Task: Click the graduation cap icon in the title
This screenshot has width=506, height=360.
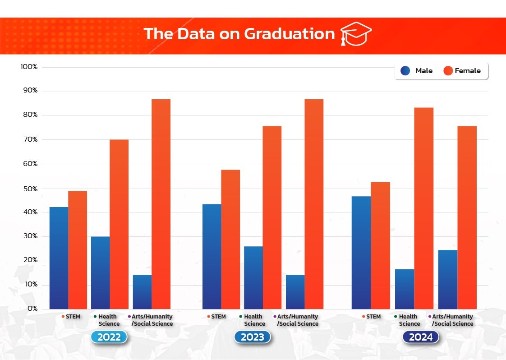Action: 355,34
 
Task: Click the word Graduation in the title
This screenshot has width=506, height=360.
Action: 289,34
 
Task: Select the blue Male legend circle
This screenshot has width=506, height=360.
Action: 405,71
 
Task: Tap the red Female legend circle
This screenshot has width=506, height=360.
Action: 448,71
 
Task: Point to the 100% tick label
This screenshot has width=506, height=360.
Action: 29,67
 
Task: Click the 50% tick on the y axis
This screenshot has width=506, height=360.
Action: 30,188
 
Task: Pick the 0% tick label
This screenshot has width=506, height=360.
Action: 32,309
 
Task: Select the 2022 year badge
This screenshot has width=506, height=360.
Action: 109,337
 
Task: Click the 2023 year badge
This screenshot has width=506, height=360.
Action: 252,337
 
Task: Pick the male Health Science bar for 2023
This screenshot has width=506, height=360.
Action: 253,277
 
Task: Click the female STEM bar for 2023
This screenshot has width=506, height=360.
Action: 230,239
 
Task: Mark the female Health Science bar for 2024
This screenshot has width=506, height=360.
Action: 423,208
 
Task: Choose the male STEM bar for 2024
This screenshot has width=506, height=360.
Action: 361,253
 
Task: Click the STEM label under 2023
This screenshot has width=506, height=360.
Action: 218,317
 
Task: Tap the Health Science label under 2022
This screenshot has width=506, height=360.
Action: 109,320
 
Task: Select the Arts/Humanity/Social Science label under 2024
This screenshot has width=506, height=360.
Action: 452,320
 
